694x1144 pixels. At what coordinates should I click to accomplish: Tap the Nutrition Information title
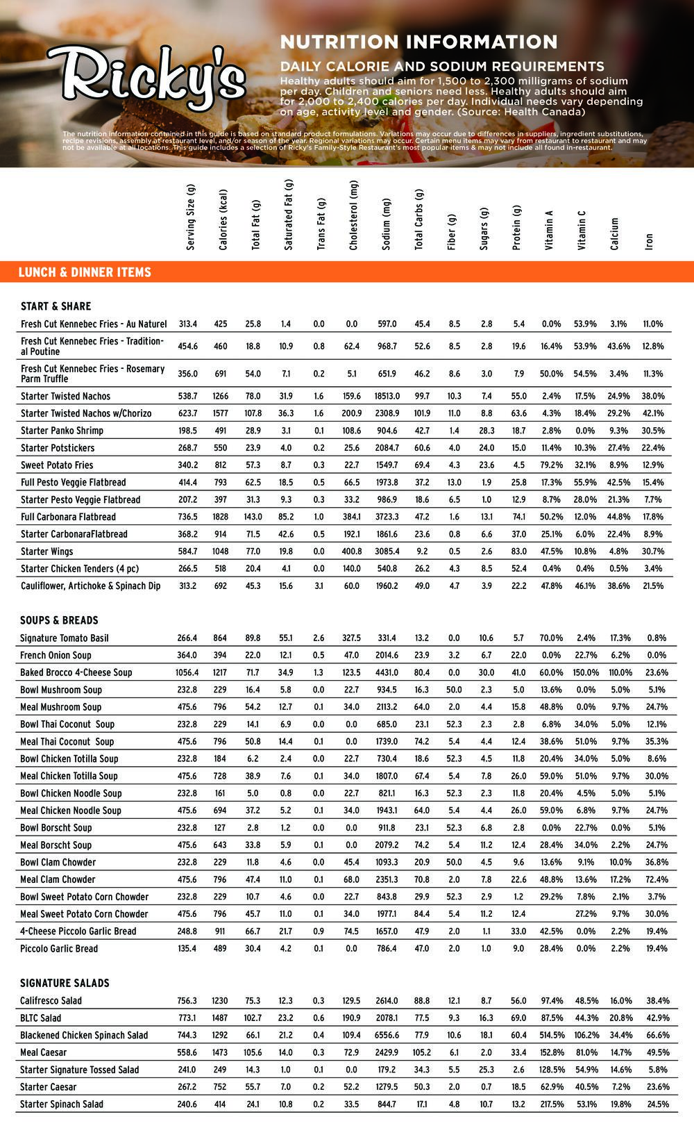point(418,42)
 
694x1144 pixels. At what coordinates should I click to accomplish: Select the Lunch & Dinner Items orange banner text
point(85,272)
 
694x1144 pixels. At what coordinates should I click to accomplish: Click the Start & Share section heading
point(56,306)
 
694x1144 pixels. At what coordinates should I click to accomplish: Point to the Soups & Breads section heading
point(59,620)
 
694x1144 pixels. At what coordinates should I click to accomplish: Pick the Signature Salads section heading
point(65,983)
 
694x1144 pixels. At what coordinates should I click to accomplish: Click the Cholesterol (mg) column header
point(353,215)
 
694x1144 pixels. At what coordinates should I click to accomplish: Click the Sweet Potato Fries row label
point(56,465)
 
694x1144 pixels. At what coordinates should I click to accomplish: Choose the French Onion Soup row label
point(56,655)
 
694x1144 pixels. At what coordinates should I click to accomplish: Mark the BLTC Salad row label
point(40,1018)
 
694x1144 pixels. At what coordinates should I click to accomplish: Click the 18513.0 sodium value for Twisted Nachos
point(386,396)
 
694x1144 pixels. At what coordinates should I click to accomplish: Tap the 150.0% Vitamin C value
point(586,672)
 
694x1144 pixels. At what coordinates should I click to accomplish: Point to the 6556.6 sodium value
point(386,1035)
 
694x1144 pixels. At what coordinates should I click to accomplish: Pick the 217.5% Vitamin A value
point(552,1104)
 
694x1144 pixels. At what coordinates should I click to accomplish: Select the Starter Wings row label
point(46,552)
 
